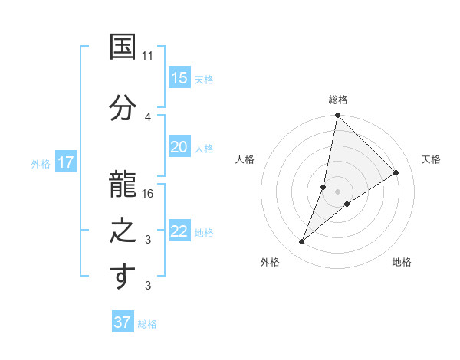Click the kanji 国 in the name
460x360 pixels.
[x=123, y=47]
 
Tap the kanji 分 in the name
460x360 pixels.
[x=123, y=106]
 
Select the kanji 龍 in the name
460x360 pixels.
[x=123, y=182]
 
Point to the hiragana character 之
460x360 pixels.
[x=123, y=228]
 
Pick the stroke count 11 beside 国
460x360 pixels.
[x=148, y=56]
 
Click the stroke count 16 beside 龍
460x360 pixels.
[x=149, y=193]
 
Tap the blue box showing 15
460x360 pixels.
[x=179, y=78]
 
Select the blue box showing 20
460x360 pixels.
[x=179, y=147]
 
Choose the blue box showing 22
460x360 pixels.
[x=179, y=231]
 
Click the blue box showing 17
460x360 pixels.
[x=65, y=162]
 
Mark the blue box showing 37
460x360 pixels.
[x=123, y=322]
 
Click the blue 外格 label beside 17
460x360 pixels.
[x=41, y=163]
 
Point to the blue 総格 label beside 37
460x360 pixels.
[x=147, y=323]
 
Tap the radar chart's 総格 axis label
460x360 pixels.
[x=338, y=100]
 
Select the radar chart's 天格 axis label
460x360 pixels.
[x=431, y=159]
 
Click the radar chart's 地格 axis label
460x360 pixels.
[x=402, y=263]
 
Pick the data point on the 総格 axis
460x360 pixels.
[x=337, y=116]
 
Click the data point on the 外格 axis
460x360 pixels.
[x=301, y=242]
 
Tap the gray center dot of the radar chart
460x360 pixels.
[x=337, y=191]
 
